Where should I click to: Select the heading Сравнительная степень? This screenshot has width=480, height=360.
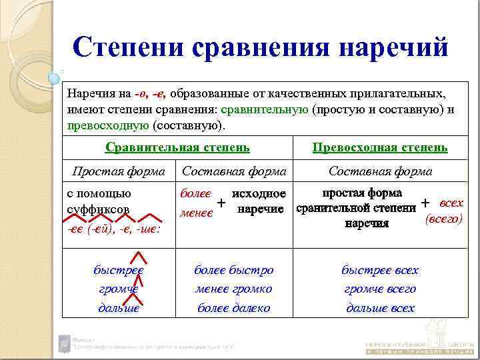(178, 147)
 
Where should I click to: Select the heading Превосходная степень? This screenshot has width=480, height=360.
(380, 147)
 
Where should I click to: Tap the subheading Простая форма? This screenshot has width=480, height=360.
(118, 171)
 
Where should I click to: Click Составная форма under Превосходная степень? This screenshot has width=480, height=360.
(380, 171)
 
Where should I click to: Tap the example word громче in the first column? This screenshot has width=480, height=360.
(118, 289)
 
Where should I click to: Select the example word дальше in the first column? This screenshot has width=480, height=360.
(118, 307)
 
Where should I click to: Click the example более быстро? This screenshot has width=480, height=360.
(233, 270)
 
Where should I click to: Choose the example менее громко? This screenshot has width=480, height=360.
(233, 289)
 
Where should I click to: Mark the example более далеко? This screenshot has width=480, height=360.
(233, 307)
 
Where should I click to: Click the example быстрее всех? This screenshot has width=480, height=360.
(380, 270)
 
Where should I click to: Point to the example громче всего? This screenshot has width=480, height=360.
(380, 289)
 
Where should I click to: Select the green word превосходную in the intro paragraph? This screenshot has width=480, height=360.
(108, 125)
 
